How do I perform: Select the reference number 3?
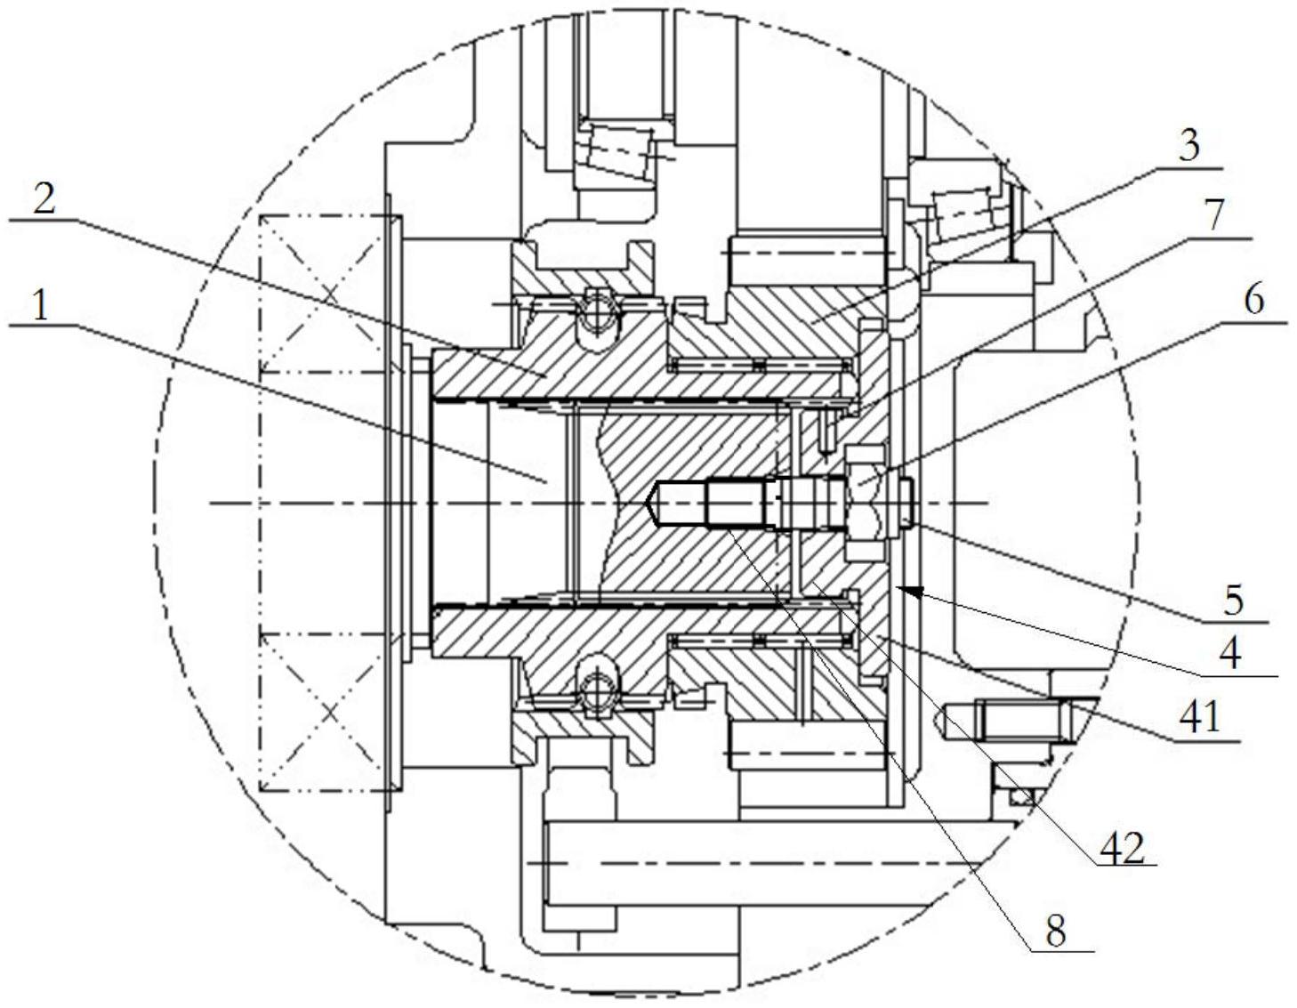pyautogui.click(x=1189, y=145)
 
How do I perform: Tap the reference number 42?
pyautogui.click(x=1122, y=847)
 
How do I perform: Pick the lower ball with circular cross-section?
pyautogui.click(x=598, y=693)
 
